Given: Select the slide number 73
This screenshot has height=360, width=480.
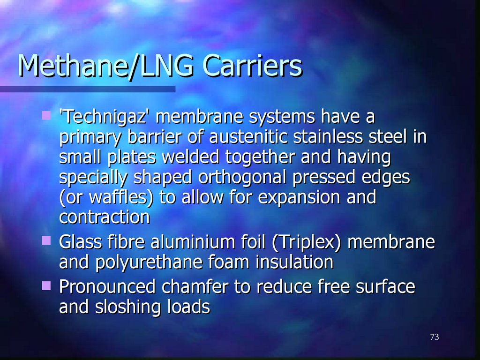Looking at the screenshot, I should click(x=434, y=337).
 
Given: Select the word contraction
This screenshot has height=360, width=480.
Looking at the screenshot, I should click(x=104, y=217).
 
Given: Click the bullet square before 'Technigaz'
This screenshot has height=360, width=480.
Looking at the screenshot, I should click(x=46, y=115).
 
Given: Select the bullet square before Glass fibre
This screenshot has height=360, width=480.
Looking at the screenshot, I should click(x=46, y=241).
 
